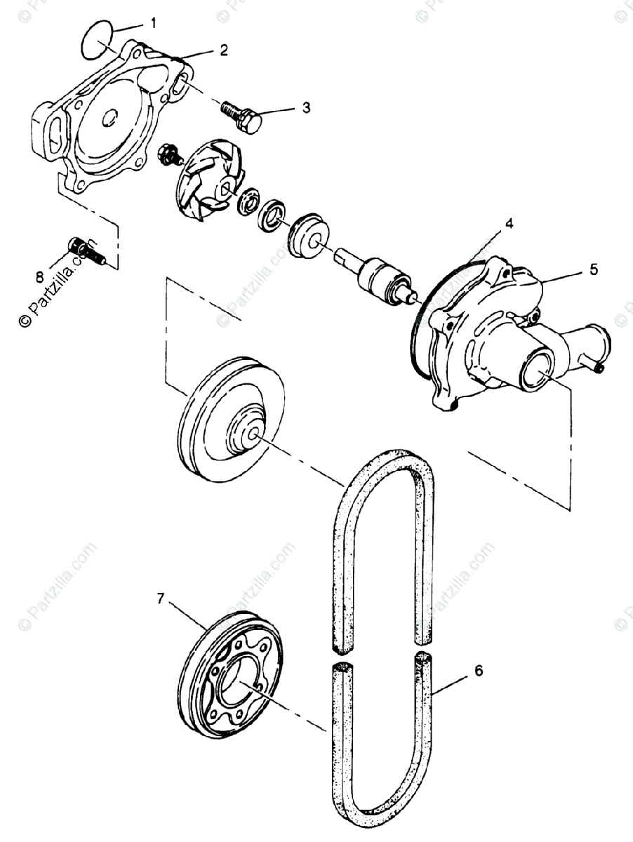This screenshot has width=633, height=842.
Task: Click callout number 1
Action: point(154,23)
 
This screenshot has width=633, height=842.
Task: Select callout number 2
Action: point(223,50)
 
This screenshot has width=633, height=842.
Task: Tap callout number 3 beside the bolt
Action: point(305,107)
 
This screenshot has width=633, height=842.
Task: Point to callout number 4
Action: point(509,224)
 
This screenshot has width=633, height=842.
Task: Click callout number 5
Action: point(593,269)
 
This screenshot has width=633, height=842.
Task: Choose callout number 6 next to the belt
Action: point(478,671)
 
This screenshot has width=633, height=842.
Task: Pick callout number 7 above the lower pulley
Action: point(161,599)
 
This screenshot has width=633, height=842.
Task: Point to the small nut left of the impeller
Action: point(168,153)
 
